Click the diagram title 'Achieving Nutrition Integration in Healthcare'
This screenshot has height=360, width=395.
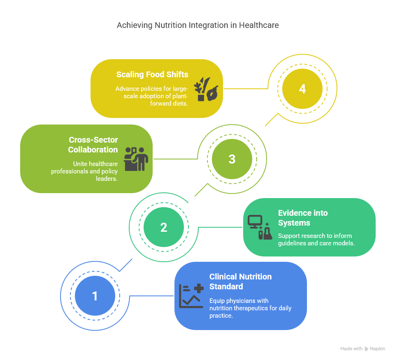197,25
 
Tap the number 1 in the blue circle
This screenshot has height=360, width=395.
95,296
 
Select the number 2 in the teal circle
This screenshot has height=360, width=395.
164,227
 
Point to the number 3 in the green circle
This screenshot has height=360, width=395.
232,159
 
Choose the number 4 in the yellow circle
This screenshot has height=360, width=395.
302,89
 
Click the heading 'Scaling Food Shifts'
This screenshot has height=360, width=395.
152,74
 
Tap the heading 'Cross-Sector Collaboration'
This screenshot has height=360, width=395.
93,145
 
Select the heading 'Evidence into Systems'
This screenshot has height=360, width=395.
303,218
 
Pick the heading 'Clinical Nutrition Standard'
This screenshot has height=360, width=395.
240,282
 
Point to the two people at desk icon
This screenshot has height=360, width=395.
136,159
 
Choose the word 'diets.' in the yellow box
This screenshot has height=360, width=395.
179,104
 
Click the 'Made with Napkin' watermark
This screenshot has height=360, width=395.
362,348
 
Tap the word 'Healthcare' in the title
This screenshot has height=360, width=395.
259,25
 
